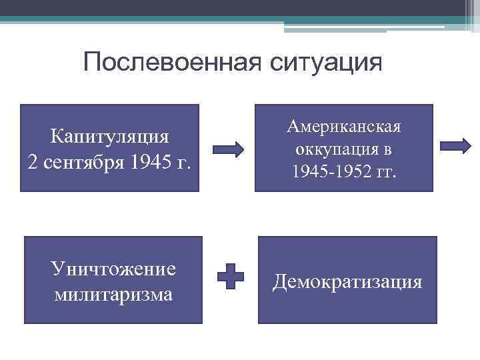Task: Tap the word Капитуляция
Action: [x=109, y=137]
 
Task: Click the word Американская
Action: [x=343, y=127]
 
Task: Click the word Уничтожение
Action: [x=113, y=268]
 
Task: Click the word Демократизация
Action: [x=347, y=281]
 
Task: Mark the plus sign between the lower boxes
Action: [x=231, y=275]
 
